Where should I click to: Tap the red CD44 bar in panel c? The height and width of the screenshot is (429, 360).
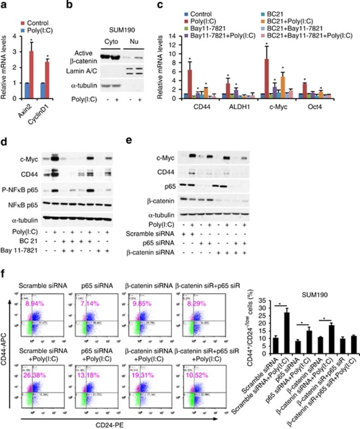[x=190, y=84]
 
